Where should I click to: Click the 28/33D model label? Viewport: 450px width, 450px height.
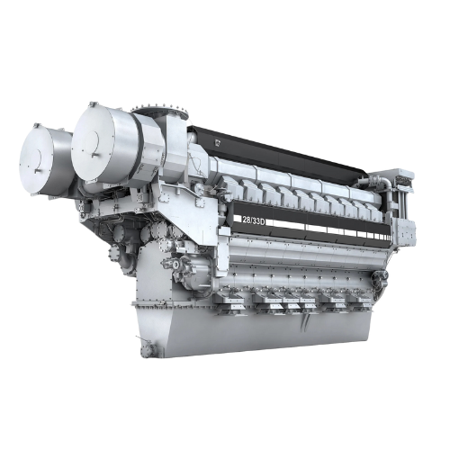(x=255, y=219)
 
